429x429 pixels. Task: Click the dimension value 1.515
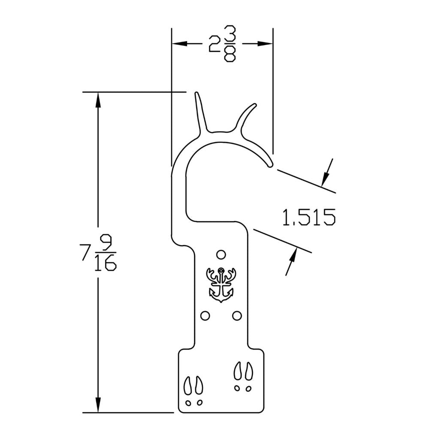click(308, 218)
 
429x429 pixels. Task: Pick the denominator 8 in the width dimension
click(230, 54)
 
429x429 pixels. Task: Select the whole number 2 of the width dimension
click(214, 44)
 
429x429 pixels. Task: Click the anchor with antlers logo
click(221, 284)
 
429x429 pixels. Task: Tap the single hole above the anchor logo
click(221, 255)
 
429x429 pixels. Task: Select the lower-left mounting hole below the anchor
click(205, 316)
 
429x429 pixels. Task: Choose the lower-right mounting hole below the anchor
click(237, 316)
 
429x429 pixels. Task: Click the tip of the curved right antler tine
click(255, 105)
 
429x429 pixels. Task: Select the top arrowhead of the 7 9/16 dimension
click(98, 100)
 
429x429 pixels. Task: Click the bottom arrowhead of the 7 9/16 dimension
click(98, 405)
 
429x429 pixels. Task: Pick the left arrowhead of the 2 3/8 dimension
click(179, 44)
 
